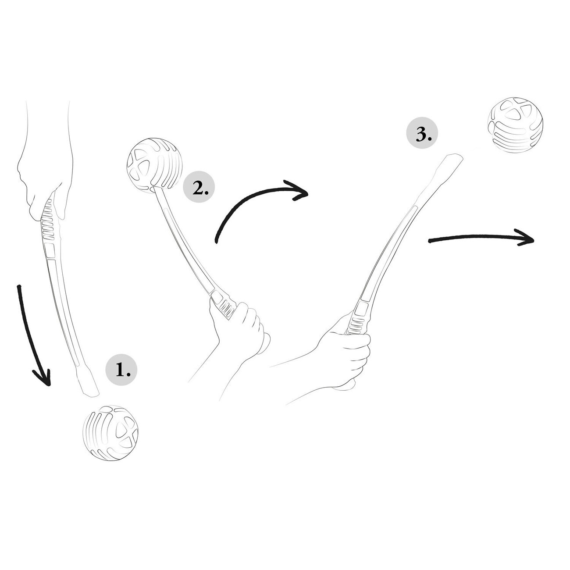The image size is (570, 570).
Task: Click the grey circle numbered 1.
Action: pos(121,370)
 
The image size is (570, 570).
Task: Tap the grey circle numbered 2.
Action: pos(199,187)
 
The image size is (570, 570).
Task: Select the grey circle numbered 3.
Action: pos(422,133)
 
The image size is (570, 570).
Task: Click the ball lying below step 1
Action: pos(110,433)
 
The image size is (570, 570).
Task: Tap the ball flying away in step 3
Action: pos(515,125)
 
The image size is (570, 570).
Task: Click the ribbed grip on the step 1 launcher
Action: pos(48,221)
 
